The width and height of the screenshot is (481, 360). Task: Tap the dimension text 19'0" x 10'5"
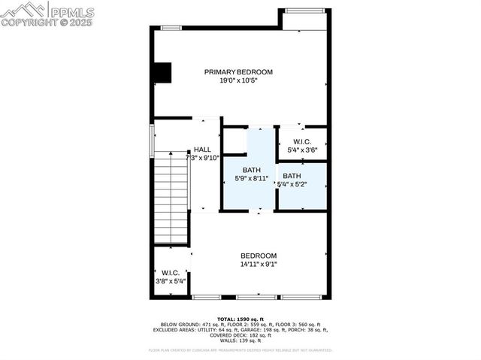[238, 80]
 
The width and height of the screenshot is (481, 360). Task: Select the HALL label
[202, 150]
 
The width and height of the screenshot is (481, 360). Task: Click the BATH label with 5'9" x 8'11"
[250, 170]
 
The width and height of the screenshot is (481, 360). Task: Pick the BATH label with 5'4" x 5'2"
[292, 176]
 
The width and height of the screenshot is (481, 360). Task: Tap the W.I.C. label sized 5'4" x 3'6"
[302, 141]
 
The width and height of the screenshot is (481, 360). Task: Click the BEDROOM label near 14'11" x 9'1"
[259, 256]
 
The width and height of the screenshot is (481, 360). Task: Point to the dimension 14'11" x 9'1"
[259, 264]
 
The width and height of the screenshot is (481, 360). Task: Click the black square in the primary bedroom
[162, 72]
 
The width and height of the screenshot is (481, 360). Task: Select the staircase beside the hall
[171, 197]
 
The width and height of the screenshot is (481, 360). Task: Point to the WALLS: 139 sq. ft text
[240, 340]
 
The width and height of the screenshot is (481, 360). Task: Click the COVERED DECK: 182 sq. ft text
[240, 334]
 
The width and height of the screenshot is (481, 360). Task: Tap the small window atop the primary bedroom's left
[171, 28]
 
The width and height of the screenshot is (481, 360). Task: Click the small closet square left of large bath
[234, 141]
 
